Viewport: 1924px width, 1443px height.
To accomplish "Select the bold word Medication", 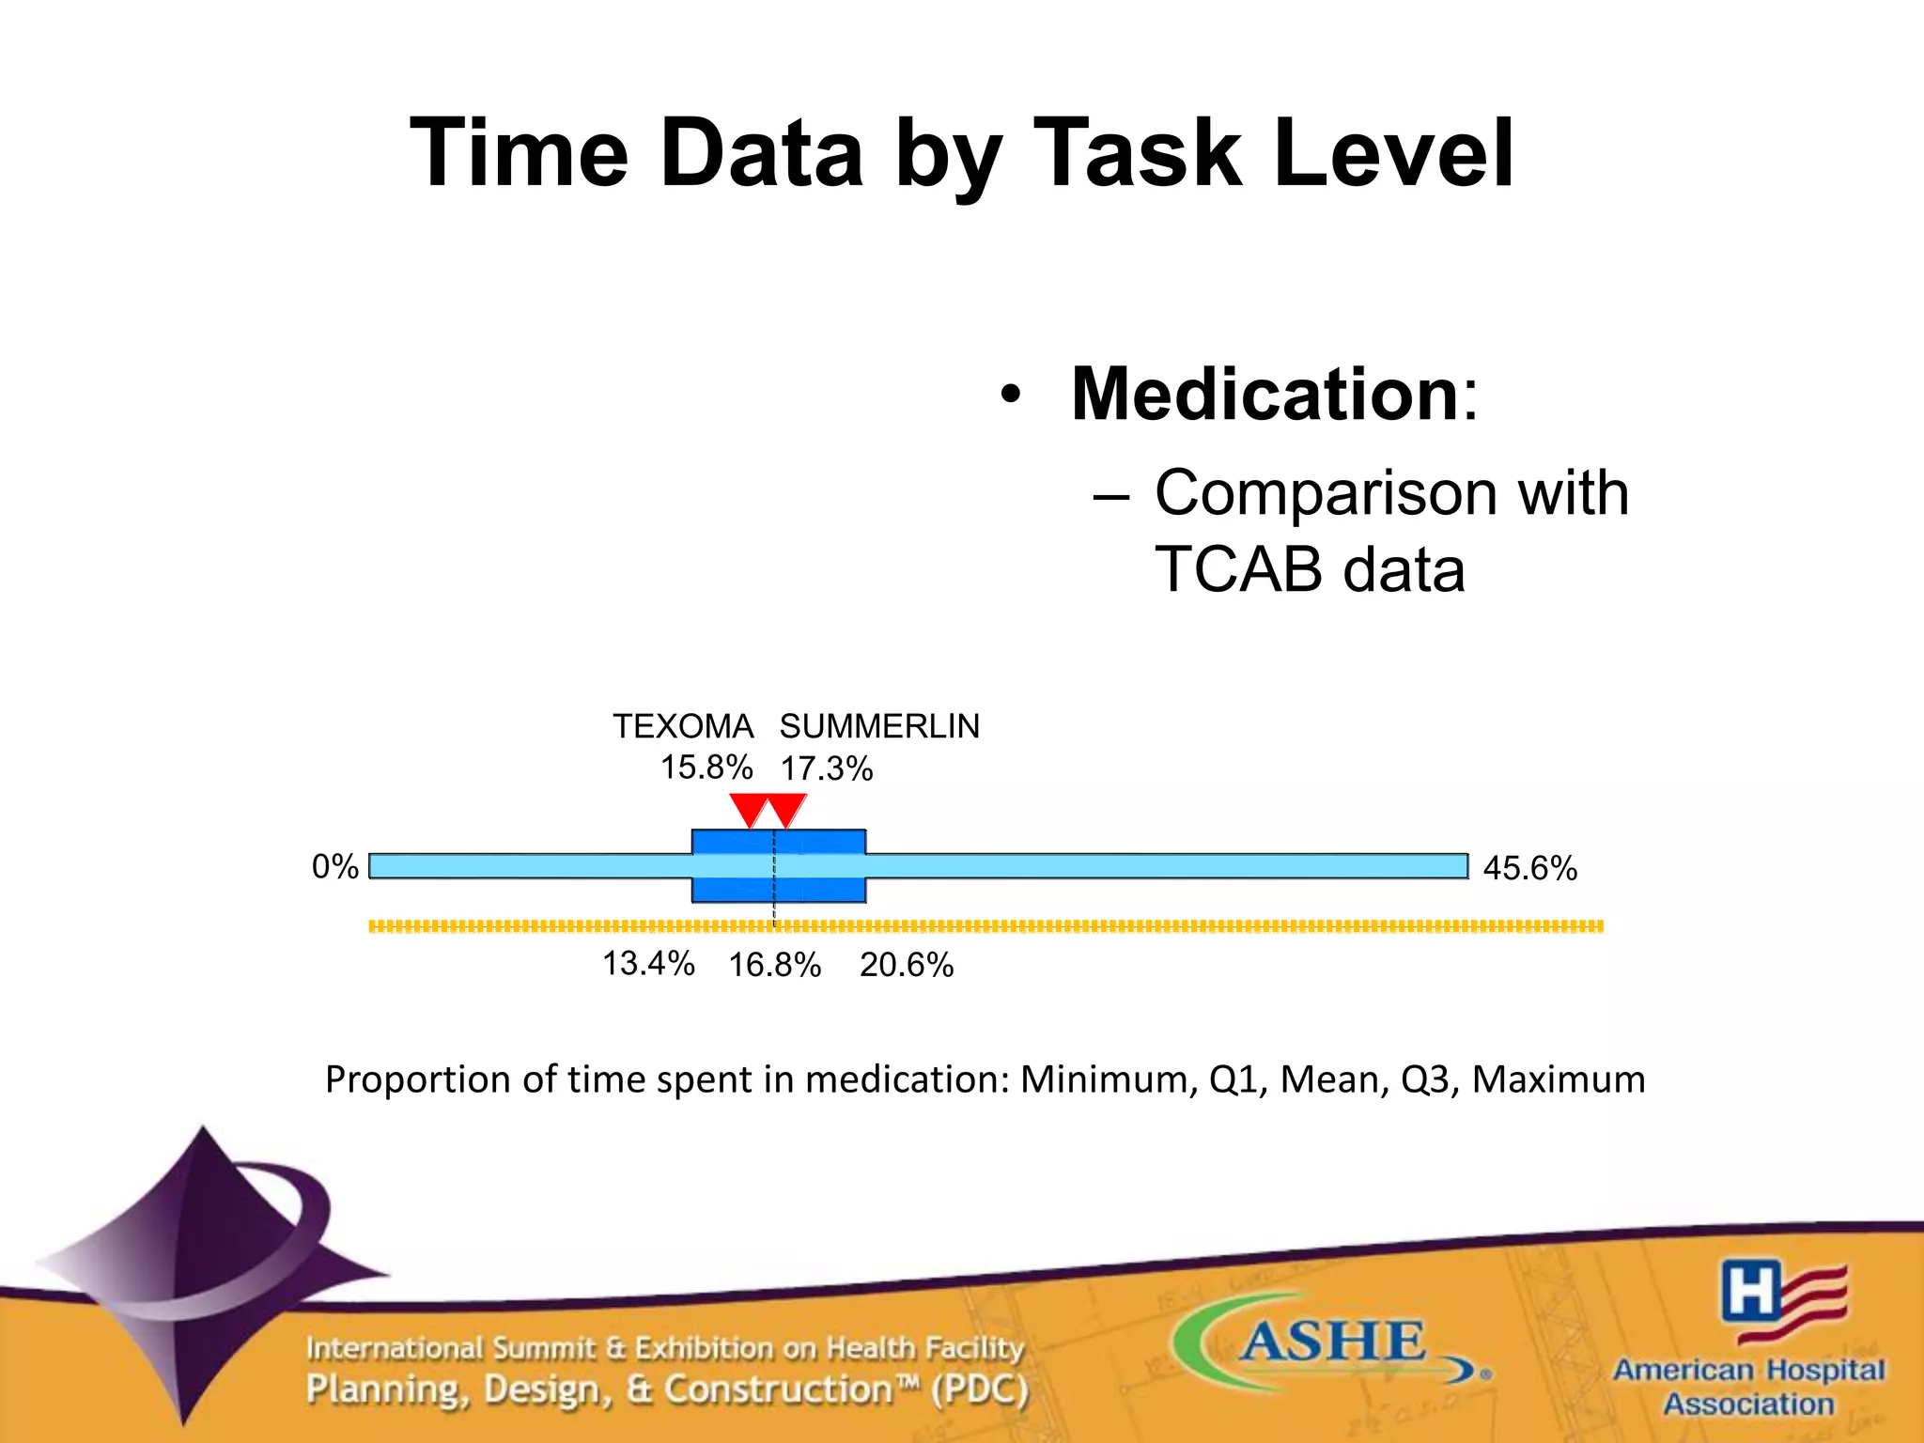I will click(1264, 395).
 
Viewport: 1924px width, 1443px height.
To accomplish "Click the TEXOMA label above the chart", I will click(683, 726).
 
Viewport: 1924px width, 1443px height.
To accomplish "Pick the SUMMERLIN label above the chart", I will click(879, 726).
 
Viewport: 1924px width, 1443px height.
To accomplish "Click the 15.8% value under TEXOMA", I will click(706, 768).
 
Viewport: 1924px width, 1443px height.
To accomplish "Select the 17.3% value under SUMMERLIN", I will click(827, 769).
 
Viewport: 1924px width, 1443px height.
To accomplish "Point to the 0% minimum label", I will click(335, 866).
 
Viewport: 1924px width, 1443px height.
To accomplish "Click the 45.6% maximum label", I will click(1529, 868).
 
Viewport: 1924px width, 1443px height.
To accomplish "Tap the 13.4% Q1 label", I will click(648, 964).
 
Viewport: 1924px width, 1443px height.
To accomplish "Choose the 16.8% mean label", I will click(775, 966).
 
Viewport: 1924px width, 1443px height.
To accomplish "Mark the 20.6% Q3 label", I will click(907, 966).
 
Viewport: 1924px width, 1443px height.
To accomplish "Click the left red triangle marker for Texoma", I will click(749, 808).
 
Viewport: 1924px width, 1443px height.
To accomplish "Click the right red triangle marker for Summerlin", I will click(786, 808).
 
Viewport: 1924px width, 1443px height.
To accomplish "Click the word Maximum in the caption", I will click(1558, 1079).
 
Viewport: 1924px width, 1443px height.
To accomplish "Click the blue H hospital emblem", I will click(1750, 1290).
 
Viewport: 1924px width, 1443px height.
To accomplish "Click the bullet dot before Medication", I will click(1010, 396).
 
